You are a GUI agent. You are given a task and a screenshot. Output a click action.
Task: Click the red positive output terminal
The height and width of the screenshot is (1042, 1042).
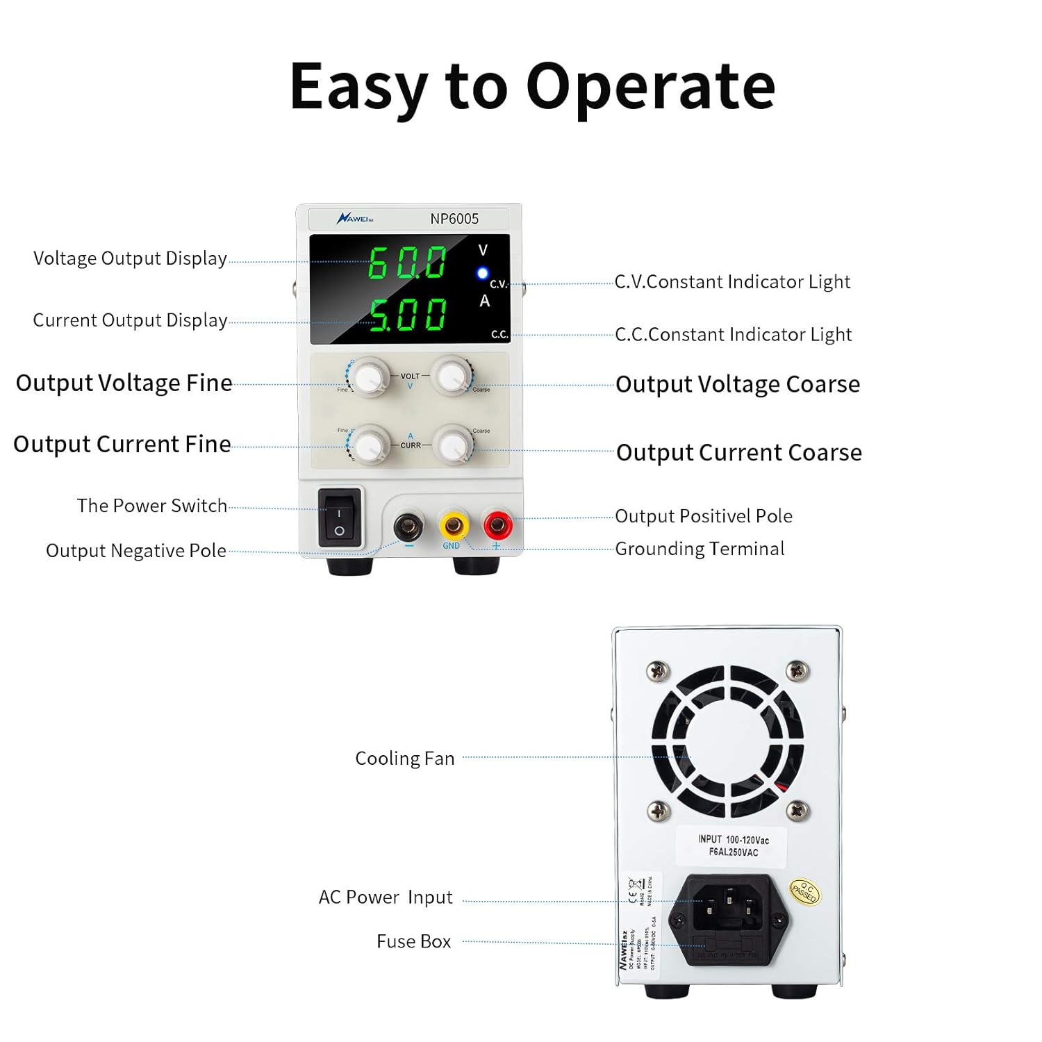point(497,525)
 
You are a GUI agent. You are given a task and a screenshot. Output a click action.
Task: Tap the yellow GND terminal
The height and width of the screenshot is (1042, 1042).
point(452,525)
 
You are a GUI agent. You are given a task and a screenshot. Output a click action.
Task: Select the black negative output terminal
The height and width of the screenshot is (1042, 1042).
point(408,526)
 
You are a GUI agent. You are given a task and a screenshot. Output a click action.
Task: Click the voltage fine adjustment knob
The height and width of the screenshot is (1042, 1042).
point(368,377)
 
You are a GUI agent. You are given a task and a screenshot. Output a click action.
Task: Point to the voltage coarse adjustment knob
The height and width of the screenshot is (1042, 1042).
point(452,376)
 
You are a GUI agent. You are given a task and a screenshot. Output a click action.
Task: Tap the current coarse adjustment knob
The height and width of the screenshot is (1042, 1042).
point(452,445)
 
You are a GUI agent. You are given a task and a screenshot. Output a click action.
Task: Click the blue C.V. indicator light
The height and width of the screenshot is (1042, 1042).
point(482,274)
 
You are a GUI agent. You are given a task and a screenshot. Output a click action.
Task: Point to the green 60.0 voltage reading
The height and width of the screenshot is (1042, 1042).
point(407,263)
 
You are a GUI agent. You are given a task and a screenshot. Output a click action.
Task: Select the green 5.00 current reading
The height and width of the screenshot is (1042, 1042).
point(408,315)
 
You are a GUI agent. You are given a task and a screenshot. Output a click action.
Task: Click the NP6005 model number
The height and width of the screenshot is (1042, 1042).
point(454,219)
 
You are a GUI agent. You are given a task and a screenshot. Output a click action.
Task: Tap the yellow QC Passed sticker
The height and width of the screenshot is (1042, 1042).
point(804,892)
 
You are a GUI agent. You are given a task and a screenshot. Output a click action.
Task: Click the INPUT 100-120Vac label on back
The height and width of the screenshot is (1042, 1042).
point(733,845)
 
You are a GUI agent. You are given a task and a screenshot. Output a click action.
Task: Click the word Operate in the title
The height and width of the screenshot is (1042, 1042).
point(650,87)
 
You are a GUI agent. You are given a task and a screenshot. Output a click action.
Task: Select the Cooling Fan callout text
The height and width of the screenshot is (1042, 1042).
point(405,759)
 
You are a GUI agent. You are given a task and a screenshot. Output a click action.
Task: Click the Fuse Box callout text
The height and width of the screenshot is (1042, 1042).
point(413,941)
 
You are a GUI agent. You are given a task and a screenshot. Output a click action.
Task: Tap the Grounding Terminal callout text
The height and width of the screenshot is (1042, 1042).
point(700,549)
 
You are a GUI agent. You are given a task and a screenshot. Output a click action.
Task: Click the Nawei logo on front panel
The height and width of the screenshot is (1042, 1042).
point(355,219)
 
